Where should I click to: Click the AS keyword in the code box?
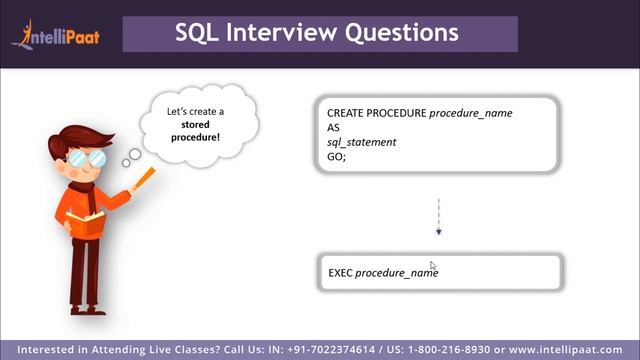pyautogui.click(x=333, y=128)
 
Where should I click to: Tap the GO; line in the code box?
pyautogui.click(x=336, y=157)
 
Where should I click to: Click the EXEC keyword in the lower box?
pyautogui.click(x=340, y=273)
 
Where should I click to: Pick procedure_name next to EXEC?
pyautogui.click(x=397, y=273)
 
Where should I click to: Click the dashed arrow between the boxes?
pyautogui.click(x=438, y=216)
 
